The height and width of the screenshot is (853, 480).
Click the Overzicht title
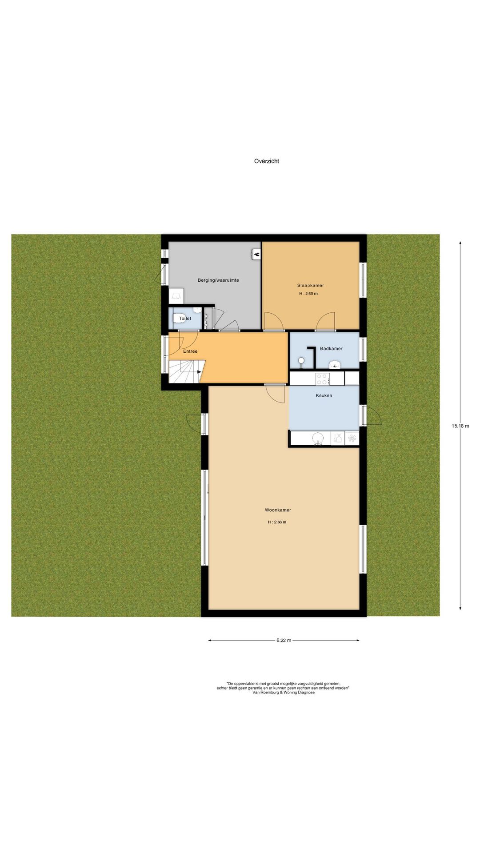point(266,161)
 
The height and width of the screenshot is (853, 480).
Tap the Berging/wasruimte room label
point(218,280)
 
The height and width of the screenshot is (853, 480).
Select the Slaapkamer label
point(311,286)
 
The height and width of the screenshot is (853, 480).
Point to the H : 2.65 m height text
point(308,294)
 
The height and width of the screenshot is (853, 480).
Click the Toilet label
point(185,319)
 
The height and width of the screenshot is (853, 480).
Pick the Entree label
point(190,351)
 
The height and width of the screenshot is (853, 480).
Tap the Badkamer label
point(331,349)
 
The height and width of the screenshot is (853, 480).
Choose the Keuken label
point(324,395)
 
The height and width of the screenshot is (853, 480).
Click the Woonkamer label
point(278,510)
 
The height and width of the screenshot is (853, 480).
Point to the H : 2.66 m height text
point(277,522)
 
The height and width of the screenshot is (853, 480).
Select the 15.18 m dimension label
point(460,426)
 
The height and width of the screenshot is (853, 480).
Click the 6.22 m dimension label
point(284,640)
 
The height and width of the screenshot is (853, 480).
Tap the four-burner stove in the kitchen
point(322,379)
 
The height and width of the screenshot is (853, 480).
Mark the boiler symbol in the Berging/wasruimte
point(256,255)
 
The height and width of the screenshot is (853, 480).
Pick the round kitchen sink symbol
point(318,438)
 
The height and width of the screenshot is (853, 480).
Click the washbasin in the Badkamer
point(335,364)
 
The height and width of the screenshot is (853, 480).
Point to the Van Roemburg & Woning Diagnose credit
point(284,692)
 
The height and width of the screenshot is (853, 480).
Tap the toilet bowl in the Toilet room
point(197,312)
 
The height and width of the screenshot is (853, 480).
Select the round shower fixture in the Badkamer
point(301,360)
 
